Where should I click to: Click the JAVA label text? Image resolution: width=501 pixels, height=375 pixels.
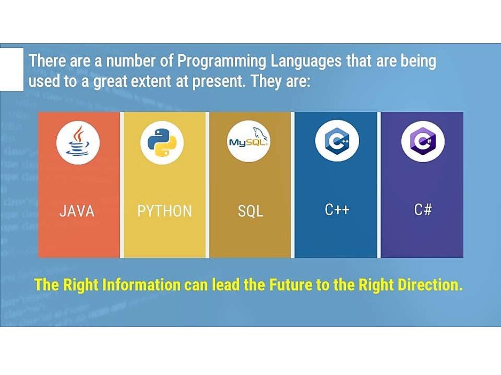point(77,211)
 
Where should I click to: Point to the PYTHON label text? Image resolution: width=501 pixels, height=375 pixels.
point(164,211)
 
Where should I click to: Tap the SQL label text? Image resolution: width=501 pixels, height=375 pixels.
point(250,211)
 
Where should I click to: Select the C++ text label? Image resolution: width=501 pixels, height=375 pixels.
point(337,210)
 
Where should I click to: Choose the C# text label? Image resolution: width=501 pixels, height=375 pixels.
point(423,210)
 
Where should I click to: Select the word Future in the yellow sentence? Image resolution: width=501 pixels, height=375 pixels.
point(292,285)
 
